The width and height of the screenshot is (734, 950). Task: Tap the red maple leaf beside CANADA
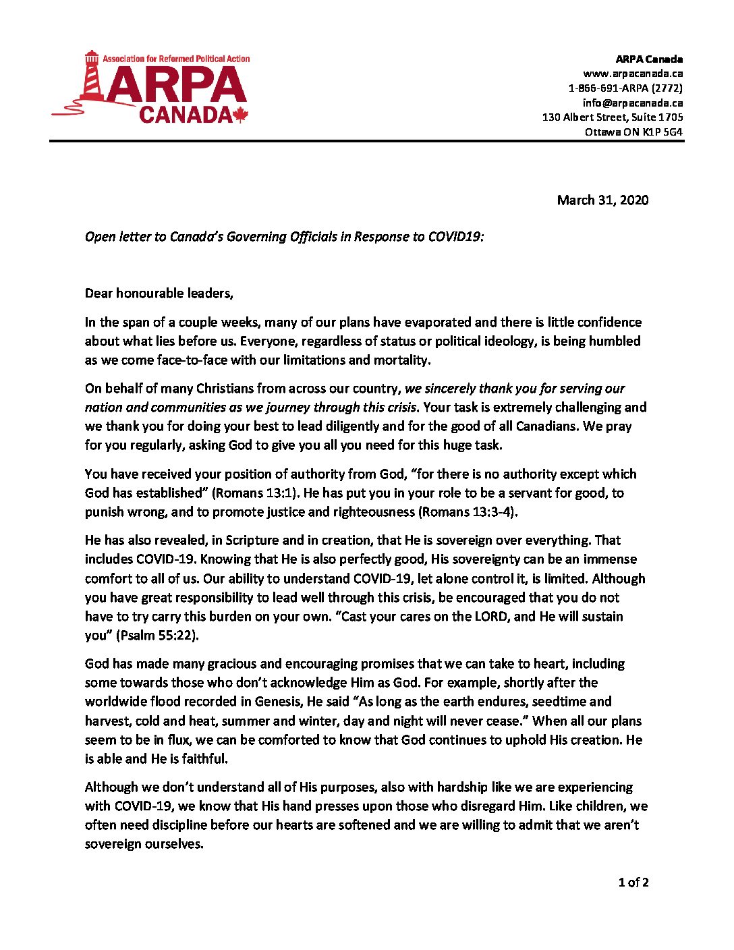241,115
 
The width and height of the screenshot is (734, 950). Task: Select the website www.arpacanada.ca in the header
633,74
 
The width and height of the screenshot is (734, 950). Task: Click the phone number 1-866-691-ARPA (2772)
625,88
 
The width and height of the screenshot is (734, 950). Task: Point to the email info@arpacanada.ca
633,103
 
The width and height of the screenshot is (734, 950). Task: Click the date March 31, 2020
602,200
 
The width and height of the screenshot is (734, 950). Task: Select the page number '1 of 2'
633,883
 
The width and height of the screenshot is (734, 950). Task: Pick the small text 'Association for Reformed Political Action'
176,59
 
